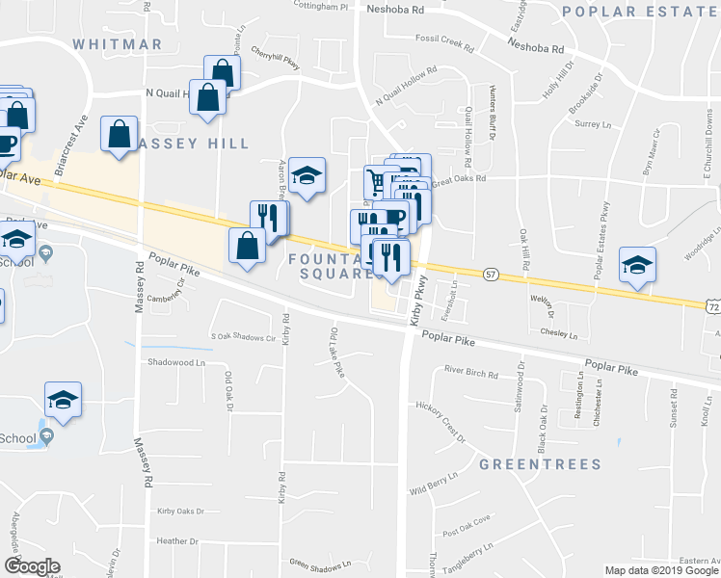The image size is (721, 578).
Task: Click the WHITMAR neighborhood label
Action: click(118, 44)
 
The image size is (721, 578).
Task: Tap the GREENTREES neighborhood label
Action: click(540, 464)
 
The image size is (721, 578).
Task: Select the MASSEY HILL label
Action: click(191, 144)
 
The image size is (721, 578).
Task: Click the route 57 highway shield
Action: click(491, 276)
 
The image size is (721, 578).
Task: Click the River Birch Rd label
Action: click(470, 372)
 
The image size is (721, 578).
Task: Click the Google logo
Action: click(32, 566)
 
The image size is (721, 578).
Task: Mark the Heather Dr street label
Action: click(175, 540)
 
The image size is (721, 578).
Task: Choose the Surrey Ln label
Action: click(593, 124)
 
